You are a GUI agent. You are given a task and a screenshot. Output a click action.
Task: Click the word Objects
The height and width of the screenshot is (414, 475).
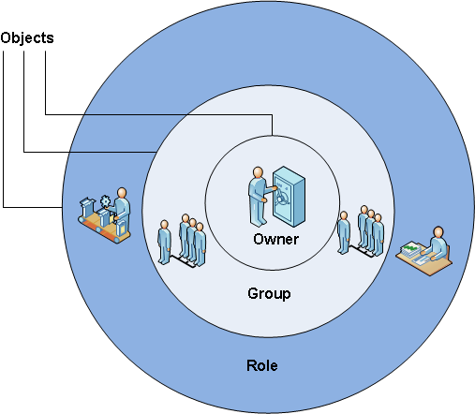pos(27,38)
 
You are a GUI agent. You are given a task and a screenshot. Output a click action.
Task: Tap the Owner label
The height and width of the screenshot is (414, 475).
pos(275,239)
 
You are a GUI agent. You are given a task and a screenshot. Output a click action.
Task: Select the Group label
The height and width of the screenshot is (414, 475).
pos(269,294)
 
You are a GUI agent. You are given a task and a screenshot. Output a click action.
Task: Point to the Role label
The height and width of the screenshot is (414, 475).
pos(262,365)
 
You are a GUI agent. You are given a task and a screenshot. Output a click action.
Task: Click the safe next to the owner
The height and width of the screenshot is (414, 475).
pos(289,197)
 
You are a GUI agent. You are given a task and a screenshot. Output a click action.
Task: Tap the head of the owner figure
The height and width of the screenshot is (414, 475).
pos(258,172)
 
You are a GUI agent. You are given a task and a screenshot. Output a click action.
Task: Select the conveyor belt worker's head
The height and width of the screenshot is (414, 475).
pos(122,192)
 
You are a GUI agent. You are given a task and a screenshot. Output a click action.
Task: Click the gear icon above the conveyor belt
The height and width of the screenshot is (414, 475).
pos(105,200)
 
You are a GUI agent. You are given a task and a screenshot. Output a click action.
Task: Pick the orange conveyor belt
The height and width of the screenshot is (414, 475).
pos(104,228)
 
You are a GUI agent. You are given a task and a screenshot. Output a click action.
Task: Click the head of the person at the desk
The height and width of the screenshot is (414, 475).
pos(438,232)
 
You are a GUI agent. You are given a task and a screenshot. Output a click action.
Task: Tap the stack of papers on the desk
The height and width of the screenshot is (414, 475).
pos(410,249)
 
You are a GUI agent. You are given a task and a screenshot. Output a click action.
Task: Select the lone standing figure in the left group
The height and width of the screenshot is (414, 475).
pos(164,242)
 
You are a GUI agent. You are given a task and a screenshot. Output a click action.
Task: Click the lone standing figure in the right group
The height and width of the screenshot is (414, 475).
pos(344,232)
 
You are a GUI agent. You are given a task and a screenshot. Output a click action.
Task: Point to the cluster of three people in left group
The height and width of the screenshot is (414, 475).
pos(192,240)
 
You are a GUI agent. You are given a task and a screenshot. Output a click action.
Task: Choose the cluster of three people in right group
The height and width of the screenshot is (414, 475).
pos(371,230)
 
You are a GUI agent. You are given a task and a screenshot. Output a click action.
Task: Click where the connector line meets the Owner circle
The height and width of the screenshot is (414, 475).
pos(273,136)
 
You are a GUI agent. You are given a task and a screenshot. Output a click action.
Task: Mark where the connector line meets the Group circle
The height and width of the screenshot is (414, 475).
pos(156,152)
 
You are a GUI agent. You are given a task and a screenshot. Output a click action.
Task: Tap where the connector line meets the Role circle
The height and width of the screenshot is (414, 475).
pos(62,207)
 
